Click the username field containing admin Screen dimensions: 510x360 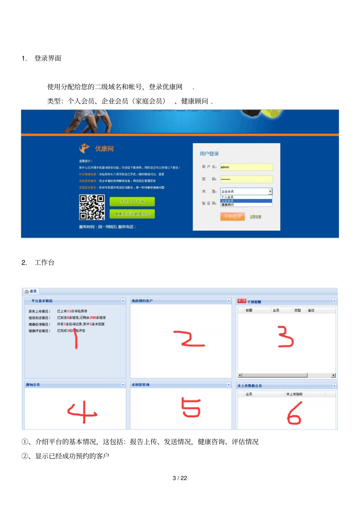[x=246, y=167]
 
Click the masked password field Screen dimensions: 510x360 [x=246, y=179]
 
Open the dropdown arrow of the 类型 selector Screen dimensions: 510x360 [x=270, y=191]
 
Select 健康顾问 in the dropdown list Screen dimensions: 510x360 [x=228, y=205]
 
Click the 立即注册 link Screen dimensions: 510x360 [x=255, y=217]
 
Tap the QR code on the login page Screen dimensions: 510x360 [x=92, y=207]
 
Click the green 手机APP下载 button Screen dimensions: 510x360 [x=132, y=202]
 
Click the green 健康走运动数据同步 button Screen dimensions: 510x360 [x=132, y=214]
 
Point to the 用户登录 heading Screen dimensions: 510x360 [x=209, y=154]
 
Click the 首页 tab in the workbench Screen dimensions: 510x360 [x=31, y=291]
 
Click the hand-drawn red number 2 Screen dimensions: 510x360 [x=188, y=339]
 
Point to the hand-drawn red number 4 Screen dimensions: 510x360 [x=82, y=412]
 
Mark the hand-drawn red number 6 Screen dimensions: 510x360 [x=294, y=414]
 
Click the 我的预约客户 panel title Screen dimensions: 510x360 [x=142, y=301]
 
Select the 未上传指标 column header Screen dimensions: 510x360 [x=294, y=394]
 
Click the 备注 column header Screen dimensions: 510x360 [x=311, y=311]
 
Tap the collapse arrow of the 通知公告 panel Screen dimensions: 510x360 [x=123, y=384]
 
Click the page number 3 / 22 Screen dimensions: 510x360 [x=180, y=478]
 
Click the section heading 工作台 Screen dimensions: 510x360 [x=44, y=262]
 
